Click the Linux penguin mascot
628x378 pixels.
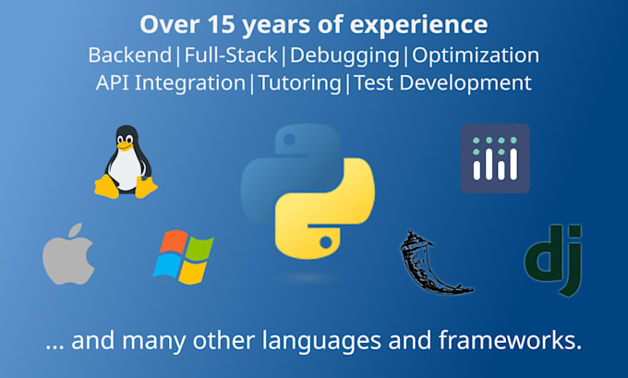(125, 163)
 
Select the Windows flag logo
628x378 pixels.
(183, 255)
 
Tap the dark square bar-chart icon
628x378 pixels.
(495, 158)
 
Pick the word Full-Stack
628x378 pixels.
(231, 55)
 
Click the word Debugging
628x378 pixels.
(344, 55)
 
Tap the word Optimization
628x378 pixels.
(476, 55)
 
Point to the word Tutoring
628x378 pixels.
(298, 82)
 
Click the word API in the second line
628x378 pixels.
(115, 82)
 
